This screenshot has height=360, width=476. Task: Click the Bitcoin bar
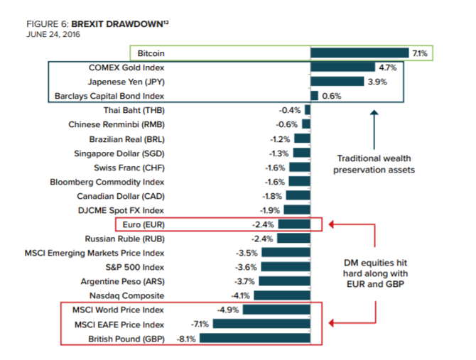click(359, 53)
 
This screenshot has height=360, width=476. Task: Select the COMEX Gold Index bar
click(342, 68)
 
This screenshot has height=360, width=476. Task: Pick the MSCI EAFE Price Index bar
click(261, 324)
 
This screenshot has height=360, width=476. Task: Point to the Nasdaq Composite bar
click(282, 295)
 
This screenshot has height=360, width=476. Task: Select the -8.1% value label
click(187, 339)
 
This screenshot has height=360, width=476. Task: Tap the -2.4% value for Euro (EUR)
click(266, 224)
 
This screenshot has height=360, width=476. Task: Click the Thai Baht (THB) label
click(134, 111)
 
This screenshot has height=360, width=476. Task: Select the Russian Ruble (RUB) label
click(125, 239)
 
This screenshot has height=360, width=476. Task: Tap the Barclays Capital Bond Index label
click(109, 96)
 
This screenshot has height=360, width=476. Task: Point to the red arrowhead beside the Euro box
click(331, 225)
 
